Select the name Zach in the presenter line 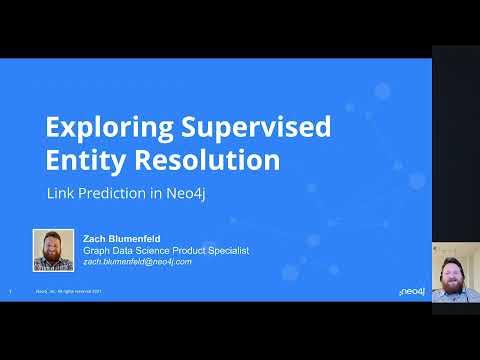(x=96, y=238)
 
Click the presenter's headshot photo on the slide (x=54, y=250)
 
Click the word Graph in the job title (x=96, y=250)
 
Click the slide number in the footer (x=9, y=292)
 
